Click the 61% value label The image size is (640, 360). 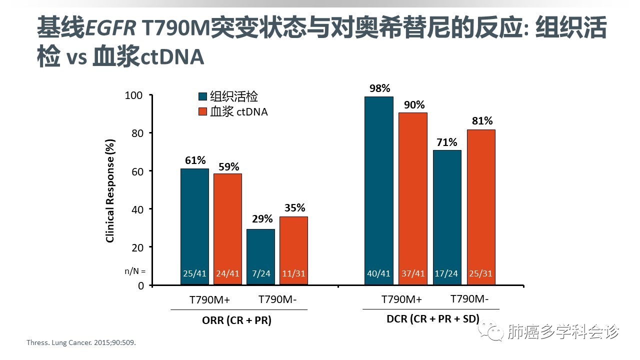pyautogui.click(x=194, y=160)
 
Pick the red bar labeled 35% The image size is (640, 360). pyautogui.click(x=293, y=250)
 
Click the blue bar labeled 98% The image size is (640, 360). pyautogui.click(x=378, y=190)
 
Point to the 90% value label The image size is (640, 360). pyautogui.click(x=414, y=105)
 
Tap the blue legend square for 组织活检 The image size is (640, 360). pyautogui.click(x=203, y=97)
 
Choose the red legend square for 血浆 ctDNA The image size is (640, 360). pyautogui.click(x=203, y=111)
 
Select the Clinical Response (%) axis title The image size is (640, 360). pyautogui.click(x=110, y=190)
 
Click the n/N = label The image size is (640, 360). pyautogui.click(x=135, y=271)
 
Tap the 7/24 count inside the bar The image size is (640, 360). pyautogui.click(x=260, y=273)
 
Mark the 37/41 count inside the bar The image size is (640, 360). pyautogui.click(x=412, y=273)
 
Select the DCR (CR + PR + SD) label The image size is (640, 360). pyautogui.click(x=433, y=319)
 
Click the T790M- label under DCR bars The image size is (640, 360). pyautogui.click(x=469, y=299)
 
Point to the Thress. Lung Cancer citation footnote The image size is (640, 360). pyautogui.click(x=81, y=343)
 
